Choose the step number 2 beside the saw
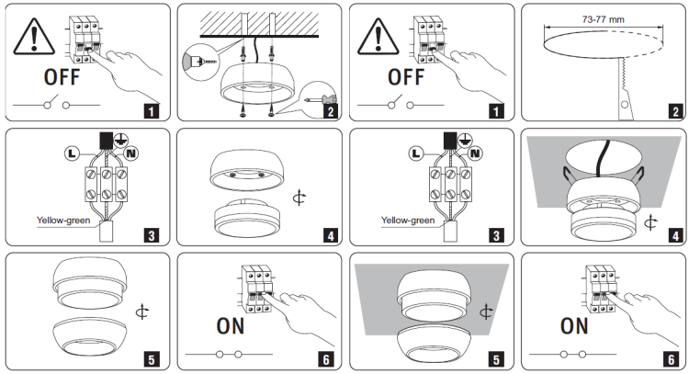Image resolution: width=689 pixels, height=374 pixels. pos(674,112)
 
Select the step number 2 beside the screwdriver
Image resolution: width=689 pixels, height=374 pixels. pos(330,112)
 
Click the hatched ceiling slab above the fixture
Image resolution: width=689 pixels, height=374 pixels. pos(262,20)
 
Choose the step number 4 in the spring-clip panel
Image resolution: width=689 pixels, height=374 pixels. pos(674,236)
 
